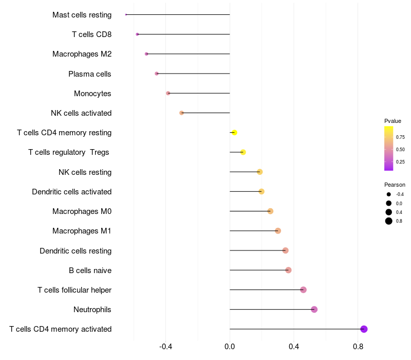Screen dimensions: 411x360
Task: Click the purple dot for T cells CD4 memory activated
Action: pos(364,329)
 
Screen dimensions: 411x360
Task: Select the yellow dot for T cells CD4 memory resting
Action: pos(235,133)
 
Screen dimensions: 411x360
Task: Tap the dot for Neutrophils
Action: pos(314,310)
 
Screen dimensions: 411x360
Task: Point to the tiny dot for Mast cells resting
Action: pos(126,15)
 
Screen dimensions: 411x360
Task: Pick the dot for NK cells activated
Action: pos(181,113)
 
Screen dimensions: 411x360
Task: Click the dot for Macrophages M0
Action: pos(271,211)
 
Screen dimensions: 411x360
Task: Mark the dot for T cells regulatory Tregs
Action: pos(243,152)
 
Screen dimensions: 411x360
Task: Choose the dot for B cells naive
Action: pos(288,270)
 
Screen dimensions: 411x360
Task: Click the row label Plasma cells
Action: pos(89,74)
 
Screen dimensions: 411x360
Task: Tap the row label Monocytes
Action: pos(92,94)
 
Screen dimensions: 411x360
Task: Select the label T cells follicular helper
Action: pos(74,290)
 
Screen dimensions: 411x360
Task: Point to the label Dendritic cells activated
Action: pos(72,192)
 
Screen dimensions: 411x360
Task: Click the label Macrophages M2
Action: pos(82,54)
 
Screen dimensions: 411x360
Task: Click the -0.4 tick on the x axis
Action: pos(165,347)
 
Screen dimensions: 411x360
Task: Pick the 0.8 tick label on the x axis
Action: pos(358,347)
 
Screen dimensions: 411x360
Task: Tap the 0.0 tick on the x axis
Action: pos(230,347)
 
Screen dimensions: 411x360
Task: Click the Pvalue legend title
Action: pos(393,121)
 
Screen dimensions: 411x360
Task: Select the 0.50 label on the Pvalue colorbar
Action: pos(400,150)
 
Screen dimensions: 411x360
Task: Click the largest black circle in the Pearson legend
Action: pos(389,221)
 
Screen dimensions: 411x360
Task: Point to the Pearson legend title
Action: pos(395,185)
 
